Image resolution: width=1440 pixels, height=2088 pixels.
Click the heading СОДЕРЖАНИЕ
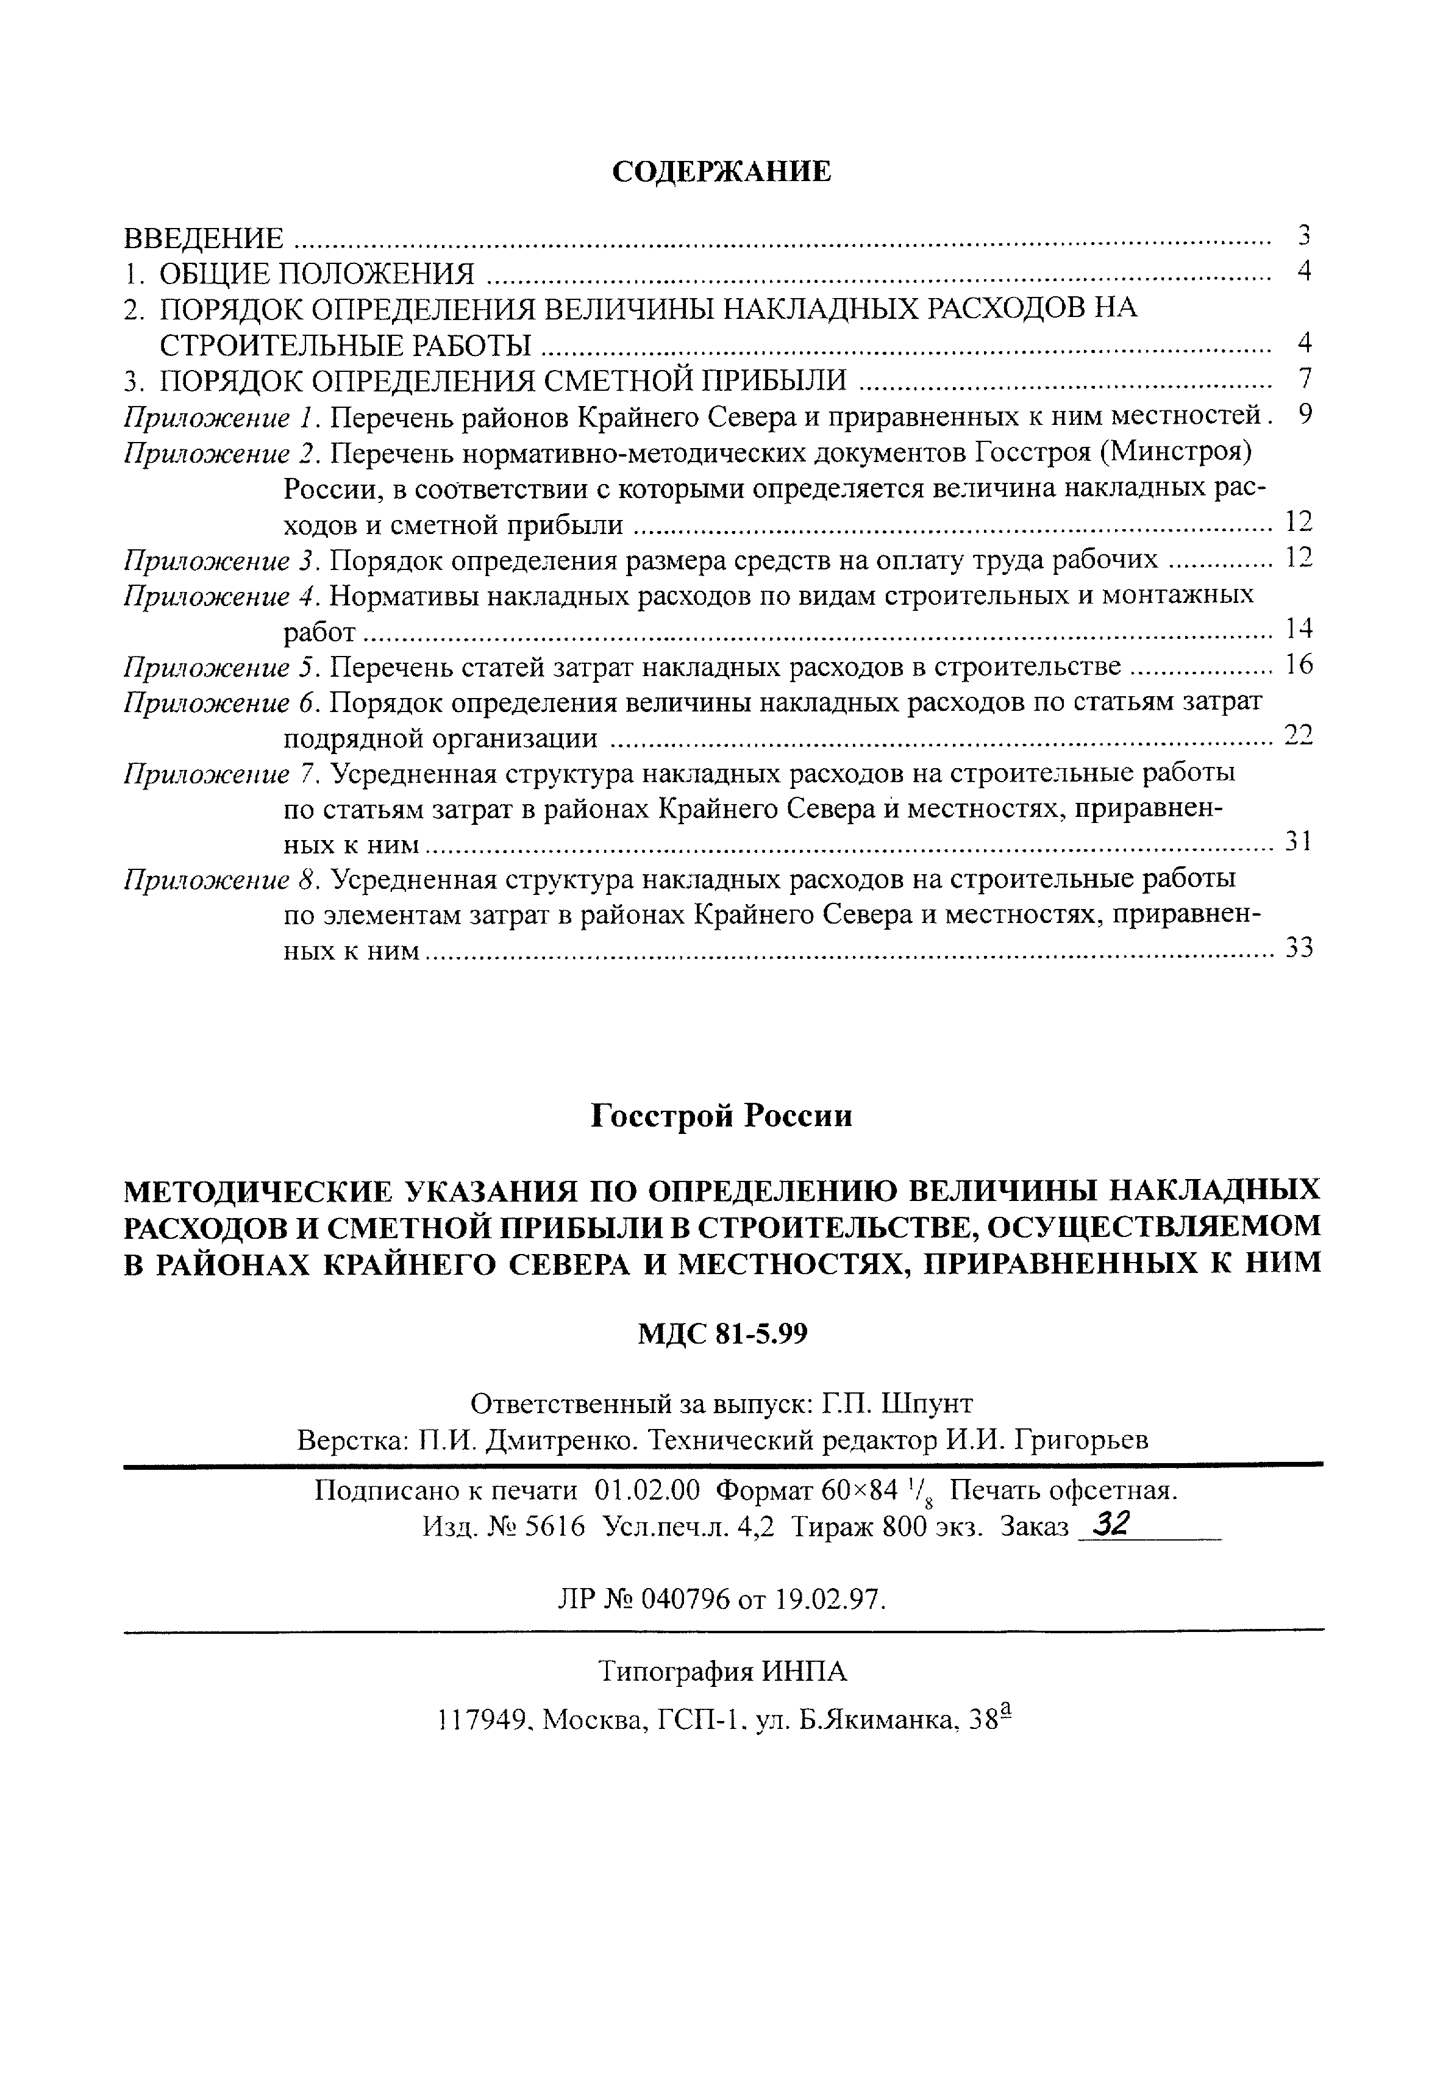click(x=721, y=171)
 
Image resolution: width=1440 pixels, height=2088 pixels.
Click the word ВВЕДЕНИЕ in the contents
click(x=203, y=238)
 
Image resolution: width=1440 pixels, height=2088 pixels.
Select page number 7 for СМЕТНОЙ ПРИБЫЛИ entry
click(x=1302, y=379)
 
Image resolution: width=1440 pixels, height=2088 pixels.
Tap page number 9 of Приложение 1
click(x=1305, y=415)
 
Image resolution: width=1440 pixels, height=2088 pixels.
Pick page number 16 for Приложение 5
click(x=1299, y=666)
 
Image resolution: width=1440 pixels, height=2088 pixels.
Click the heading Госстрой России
click(x=721, y=1117)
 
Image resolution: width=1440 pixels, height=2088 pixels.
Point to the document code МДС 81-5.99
click(x=722, y=1334)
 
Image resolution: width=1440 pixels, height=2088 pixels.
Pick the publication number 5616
click(x=555, y=1527)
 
